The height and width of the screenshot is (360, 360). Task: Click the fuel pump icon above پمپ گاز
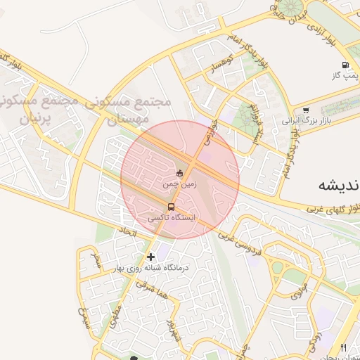pos(345,65)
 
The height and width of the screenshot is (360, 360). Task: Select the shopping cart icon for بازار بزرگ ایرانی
pos(306,110)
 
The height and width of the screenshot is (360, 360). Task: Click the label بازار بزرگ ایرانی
pos(306,121)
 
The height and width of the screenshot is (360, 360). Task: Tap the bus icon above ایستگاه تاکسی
pos(172,207)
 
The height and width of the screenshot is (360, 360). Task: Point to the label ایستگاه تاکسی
pos(172,219)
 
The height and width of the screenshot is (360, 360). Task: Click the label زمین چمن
pos(180,184)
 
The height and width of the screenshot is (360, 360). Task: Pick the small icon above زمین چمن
pos(180,173)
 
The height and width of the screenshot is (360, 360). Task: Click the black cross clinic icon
pos(150,257)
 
